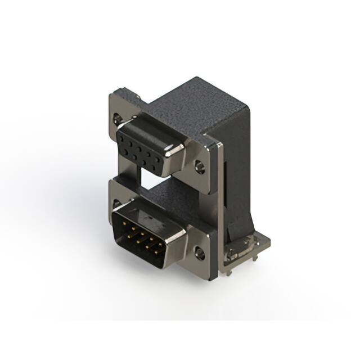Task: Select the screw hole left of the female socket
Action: pyautogui.click(x=117, y=118)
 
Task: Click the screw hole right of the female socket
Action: pyautogui.click(x=199, y=166)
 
